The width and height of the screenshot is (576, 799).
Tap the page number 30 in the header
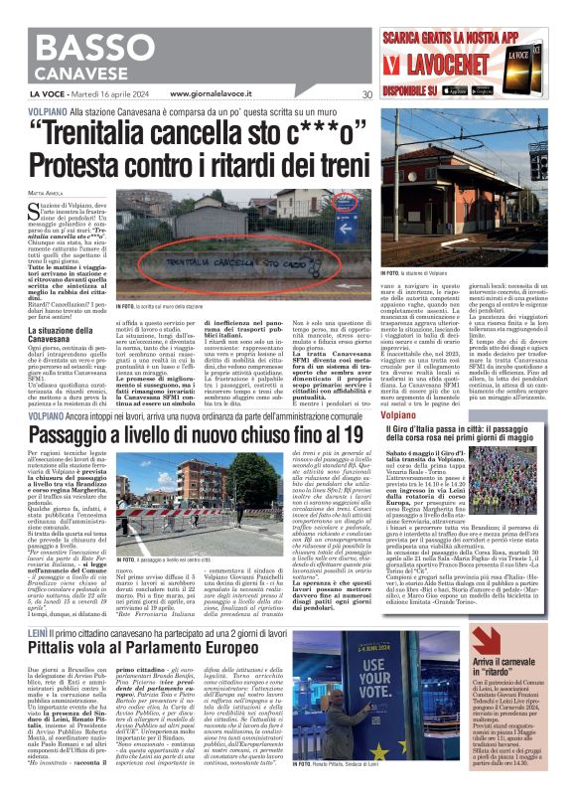coord(366,94)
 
